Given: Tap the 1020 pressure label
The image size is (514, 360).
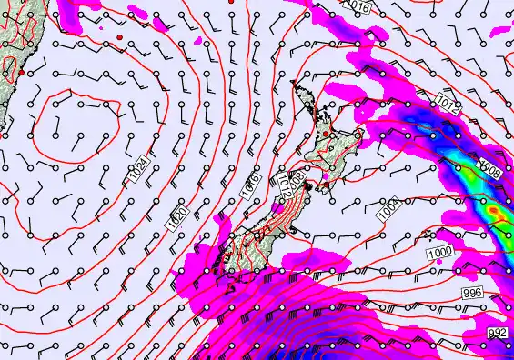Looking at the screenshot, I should coord(179,219).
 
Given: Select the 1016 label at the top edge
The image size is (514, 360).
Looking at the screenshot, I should coord(359,6).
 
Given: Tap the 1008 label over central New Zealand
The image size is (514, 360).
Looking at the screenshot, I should coord(297,181).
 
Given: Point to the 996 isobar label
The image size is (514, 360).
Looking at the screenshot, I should coord(472,293).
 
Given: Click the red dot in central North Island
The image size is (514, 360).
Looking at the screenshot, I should coord(326,134).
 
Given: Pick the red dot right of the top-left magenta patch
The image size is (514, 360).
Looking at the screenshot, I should coord(119,36).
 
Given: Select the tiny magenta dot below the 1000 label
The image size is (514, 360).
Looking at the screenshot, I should coord(438,265).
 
